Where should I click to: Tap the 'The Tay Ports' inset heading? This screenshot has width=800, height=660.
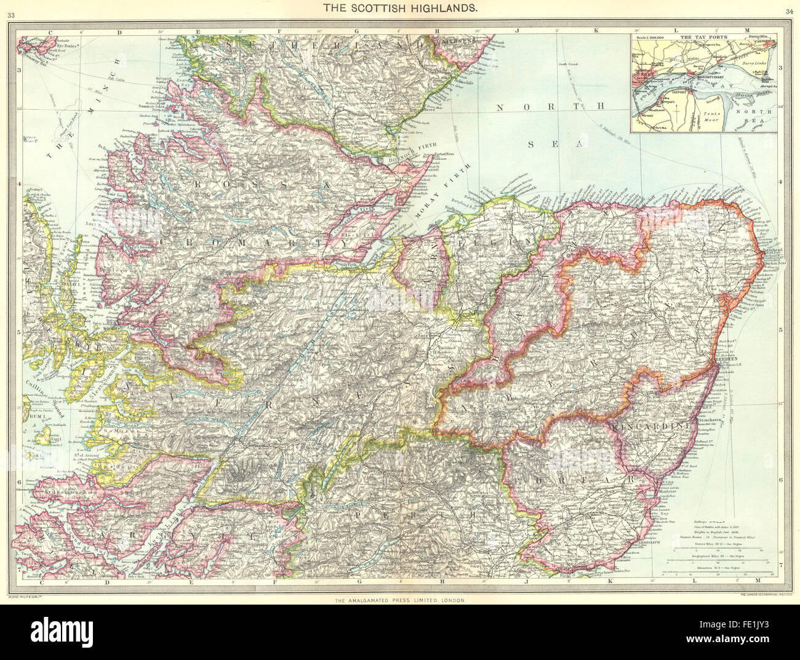[x=698, y=37]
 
